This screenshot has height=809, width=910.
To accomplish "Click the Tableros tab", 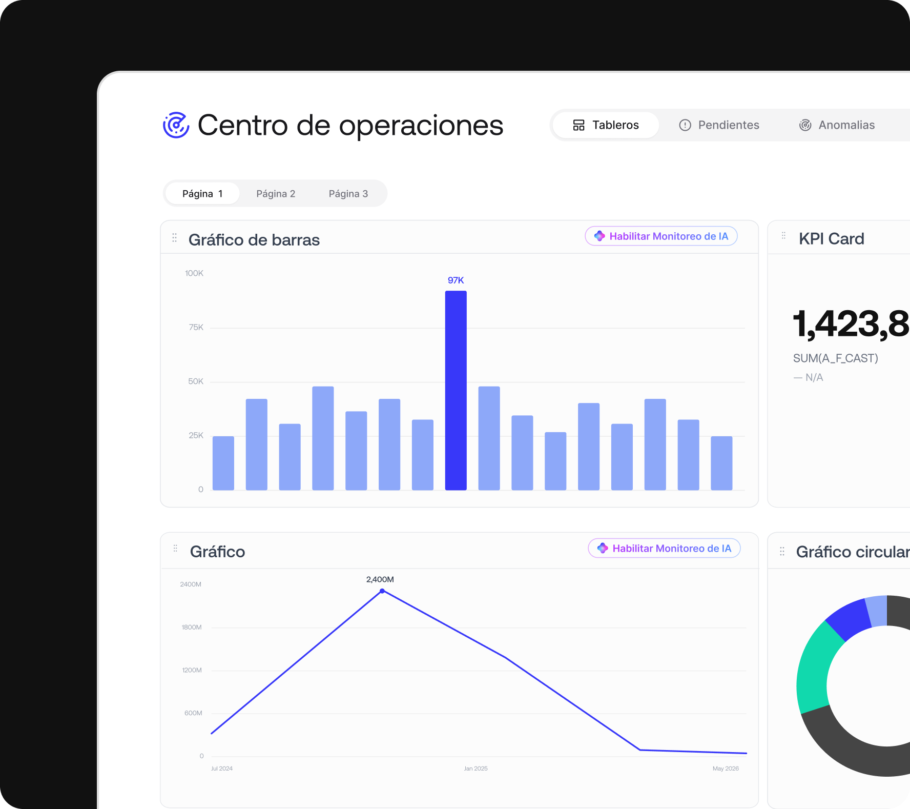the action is click(x=606, y=125).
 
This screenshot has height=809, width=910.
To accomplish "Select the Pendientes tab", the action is click(x=719, y=125).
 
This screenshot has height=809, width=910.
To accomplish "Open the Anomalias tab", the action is click(x=837, y=125).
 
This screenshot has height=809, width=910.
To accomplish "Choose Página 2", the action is click(x=276, y=194).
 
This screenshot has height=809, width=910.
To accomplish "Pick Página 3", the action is click(x=348, y=194).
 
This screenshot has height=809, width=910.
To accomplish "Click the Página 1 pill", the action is click(x=202, y=194).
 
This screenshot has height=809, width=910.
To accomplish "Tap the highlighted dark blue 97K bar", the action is click(x=456, y=391).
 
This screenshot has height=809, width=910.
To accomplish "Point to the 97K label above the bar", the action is click(x=456, y=280).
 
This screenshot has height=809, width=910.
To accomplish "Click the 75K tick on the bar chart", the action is click(x=196, y=327).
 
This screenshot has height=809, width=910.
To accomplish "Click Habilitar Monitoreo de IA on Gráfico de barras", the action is click(x=661, y=236).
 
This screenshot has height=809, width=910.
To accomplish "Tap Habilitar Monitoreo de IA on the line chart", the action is click(x=664, y=549).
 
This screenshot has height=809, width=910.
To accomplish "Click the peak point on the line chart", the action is click(x=382, y=591).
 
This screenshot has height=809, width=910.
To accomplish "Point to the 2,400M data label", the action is click(x=380, y=579).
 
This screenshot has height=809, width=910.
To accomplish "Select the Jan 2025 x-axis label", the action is click(x=475, y=768).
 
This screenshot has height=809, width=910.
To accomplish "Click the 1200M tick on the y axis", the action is click(x=192, y=670).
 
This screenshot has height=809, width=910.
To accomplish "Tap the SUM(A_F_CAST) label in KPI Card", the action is click(x=836, y=358).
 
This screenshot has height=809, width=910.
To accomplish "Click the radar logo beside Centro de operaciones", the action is click(x=176, y=125).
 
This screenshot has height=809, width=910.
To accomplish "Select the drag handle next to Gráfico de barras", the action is click(x=175, y=238).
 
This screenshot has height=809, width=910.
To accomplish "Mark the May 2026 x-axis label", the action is click(x=726, y=768).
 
